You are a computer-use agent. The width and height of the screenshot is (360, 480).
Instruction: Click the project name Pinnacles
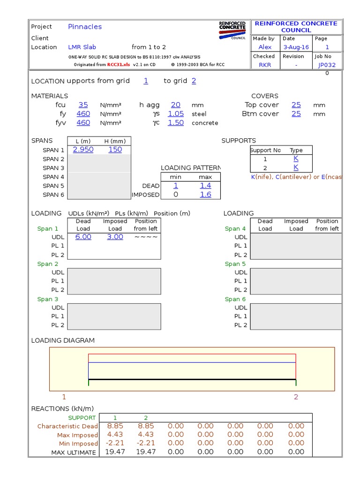point(85,27)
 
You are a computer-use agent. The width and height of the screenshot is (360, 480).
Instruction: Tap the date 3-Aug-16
point(296,47)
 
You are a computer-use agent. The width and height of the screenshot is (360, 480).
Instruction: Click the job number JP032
point(327,65)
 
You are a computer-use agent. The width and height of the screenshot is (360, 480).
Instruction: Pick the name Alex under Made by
point(265,47)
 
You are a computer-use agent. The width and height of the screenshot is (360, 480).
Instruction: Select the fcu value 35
point(83,105)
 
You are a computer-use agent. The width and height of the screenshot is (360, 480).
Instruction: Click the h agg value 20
point(176,105)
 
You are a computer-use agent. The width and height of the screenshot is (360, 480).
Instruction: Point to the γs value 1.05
point(176,114)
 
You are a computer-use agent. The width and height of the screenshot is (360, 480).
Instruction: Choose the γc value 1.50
point(176,123)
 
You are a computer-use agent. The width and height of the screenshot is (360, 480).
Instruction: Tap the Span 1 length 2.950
point(83,150)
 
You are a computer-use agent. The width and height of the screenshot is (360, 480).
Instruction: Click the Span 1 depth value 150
point(115,150)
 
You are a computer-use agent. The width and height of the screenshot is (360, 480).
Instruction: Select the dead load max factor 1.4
point(205,186)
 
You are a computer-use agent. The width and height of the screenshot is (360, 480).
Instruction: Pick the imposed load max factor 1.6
point(205,195)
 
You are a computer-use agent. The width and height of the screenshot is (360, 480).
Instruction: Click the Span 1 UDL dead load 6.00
point(83,237)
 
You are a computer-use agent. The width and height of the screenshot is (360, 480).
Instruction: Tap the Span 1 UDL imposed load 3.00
point(115,237)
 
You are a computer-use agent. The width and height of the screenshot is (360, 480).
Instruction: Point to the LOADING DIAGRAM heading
point(63,340)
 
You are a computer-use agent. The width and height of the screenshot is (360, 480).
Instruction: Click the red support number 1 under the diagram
point(64,397)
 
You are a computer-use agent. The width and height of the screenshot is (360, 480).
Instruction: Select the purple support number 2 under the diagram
point(296,397)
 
